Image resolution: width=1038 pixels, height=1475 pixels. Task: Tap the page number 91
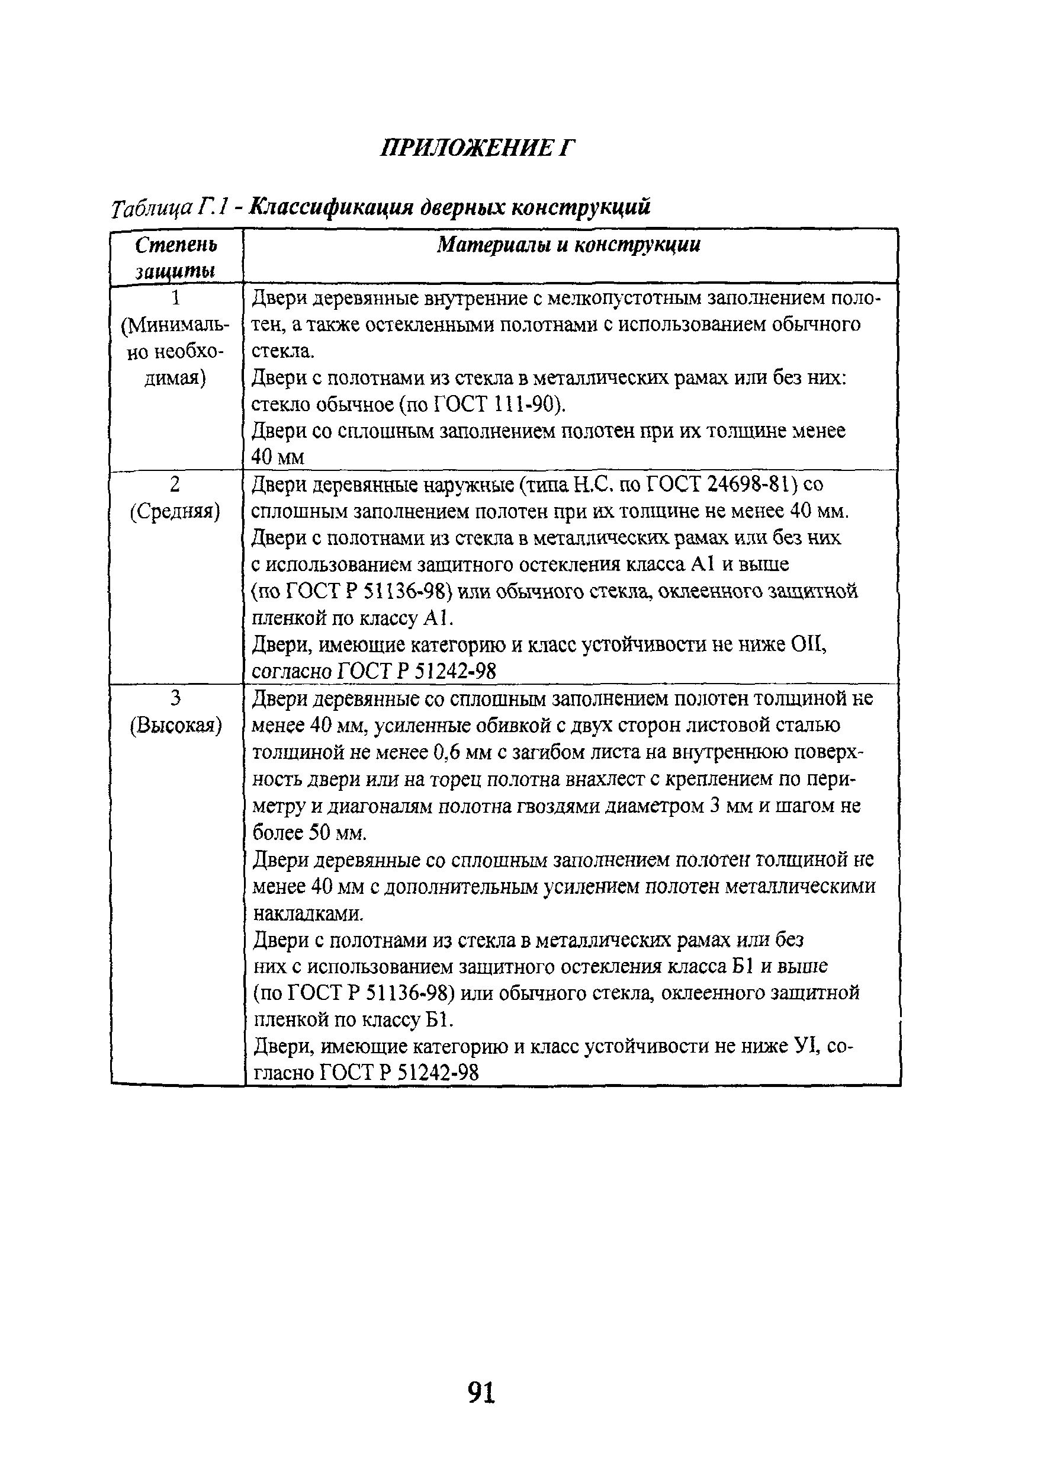(482, 1393)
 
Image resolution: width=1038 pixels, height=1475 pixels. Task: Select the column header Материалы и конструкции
(568, 245)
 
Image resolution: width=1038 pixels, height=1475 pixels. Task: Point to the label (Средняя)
(175, 511)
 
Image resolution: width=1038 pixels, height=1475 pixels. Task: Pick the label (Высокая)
(175, 726)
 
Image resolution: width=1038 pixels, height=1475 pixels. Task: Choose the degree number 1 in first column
(175, 298)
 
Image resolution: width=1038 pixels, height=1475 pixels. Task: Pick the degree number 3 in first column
(175, 698)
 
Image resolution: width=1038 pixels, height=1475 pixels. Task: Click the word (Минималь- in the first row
(175, 325)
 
